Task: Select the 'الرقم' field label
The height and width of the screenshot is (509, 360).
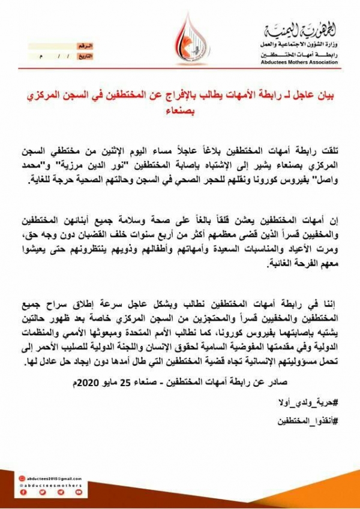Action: (x=85, y=46)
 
